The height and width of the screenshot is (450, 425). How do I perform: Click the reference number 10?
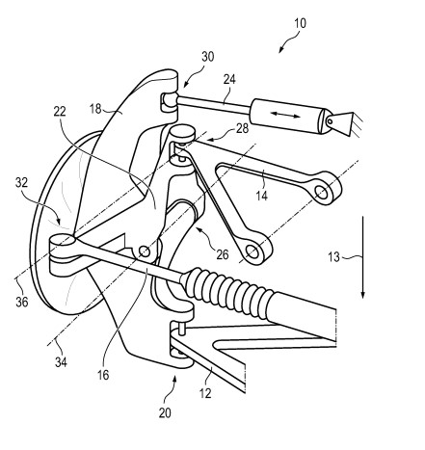click(300, 23)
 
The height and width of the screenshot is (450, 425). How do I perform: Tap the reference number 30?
click(207, 57)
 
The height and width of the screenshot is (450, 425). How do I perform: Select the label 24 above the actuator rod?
click(229, 79)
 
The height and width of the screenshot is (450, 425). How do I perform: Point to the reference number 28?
click(243, 128)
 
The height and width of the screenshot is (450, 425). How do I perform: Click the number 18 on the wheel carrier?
click(95, 109)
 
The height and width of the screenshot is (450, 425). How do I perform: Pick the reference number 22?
click(60, 112)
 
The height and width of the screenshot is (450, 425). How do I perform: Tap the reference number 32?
click(22, 182)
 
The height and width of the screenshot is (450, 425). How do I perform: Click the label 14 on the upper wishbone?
click(262, 196)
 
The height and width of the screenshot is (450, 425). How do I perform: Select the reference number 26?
click(223, 254)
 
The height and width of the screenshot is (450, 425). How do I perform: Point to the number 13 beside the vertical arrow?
click(333, 257)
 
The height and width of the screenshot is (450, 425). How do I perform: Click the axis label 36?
click(22, 302)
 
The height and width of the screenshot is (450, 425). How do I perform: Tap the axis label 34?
click(61, 362)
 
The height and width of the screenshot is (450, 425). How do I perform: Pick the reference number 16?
click(103, 375)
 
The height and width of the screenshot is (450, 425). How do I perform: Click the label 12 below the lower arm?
click(205, 393)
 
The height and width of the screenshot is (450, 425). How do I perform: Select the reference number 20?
click(165, 412)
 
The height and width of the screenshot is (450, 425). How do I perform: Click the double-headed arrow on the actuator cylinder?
click(285, 115)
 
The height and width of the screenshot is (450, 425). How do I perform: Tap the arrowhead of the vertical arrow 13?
click(363, 295)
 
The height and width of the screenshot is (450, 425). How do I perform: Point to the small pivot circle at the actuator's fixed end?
click(330, 121)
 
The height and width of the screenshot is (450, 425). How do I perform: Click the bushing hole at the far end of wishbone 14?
click(322, 193)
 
